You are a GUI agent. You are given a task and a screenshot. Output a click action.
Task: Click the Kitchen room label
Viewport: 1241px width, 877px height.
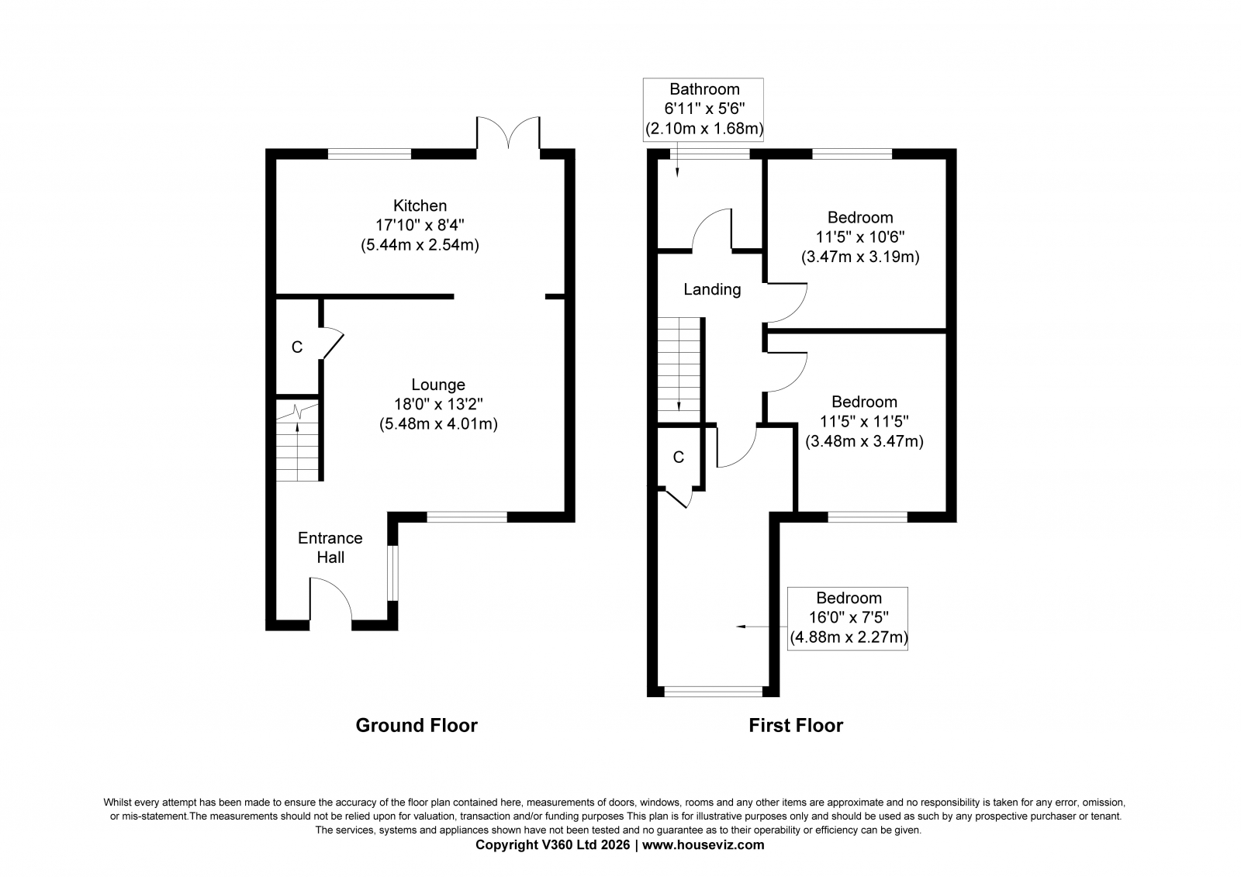click(420, 205)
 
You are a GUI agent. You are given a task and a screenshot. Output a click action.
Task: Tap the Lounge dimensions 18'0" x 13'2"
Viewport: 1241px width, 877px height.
click(438, 404)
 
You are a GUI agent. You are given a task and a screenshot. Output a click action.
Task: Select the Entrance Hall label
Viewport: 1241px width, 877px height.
click(330, 547)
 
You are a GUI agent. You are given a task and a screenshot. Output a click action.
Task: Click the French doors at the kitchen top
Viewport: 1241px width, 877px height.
click(508, 135)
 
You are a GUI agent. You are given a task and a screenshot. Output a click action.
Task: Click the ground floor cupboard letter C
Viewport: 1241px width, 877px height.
click(296, 347)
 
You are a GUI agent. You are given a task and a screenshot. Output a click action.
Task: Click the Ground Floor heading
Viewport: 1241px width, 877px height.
click(417, 725)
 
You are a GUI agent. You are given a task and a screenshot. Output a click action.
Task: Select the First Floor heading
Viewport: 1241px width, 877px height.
click(795, 725)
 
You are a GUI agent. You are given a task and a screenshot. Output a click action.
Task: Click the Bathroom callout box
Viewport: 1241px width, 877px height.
click(703, 109)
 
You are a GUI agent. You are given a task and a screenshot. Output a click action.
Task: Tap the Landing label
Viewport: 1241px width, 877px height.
click(712, 289)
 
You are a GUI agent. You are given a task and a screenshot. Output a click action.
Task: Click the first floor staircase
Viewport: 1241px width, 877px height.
click(680, 369)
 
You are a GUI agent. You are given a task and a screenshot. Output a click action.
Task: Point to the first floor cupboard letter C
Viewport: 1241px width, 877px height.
click(679, 457)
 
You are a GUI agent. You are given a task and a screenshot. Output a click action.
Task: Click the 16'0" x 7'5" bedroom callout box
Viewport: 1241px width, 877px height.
click(848, 618)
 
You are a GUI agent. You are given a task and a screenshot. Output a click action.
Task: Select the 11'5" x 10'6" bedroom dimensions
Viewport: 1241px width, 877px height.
click(860, 237)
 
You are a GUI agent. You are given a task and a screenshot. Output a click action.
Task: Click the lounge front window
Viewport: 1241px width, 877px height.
click(467, 516)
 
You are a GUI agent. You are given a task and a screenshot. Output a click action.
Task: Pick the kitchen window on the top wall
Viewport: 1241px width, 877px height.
click(369, 154)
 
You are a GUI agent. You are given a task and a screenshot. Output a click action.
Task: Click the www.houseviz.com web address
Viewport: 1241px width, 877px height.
click(703, 845)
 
